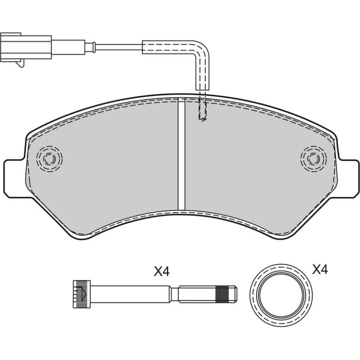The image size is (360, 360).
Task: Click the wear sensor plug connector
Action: coord(26,47)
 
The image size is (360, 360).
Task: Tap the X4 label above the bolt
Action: coord(162,272)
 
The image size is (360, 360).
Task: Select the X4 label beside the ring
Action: coord(320,270)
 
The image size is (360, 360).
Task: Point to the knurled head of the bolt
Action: coord(82,294)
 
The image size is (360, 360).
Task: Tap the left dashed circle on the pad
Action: coord(50,158)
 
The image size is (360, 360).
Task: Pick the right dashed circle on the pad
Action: coord(313,158)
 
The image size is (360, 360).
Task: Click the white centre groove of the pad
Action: coord(181,154)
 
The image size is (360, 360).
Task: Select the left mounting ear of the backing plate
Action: coord(14,179)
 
